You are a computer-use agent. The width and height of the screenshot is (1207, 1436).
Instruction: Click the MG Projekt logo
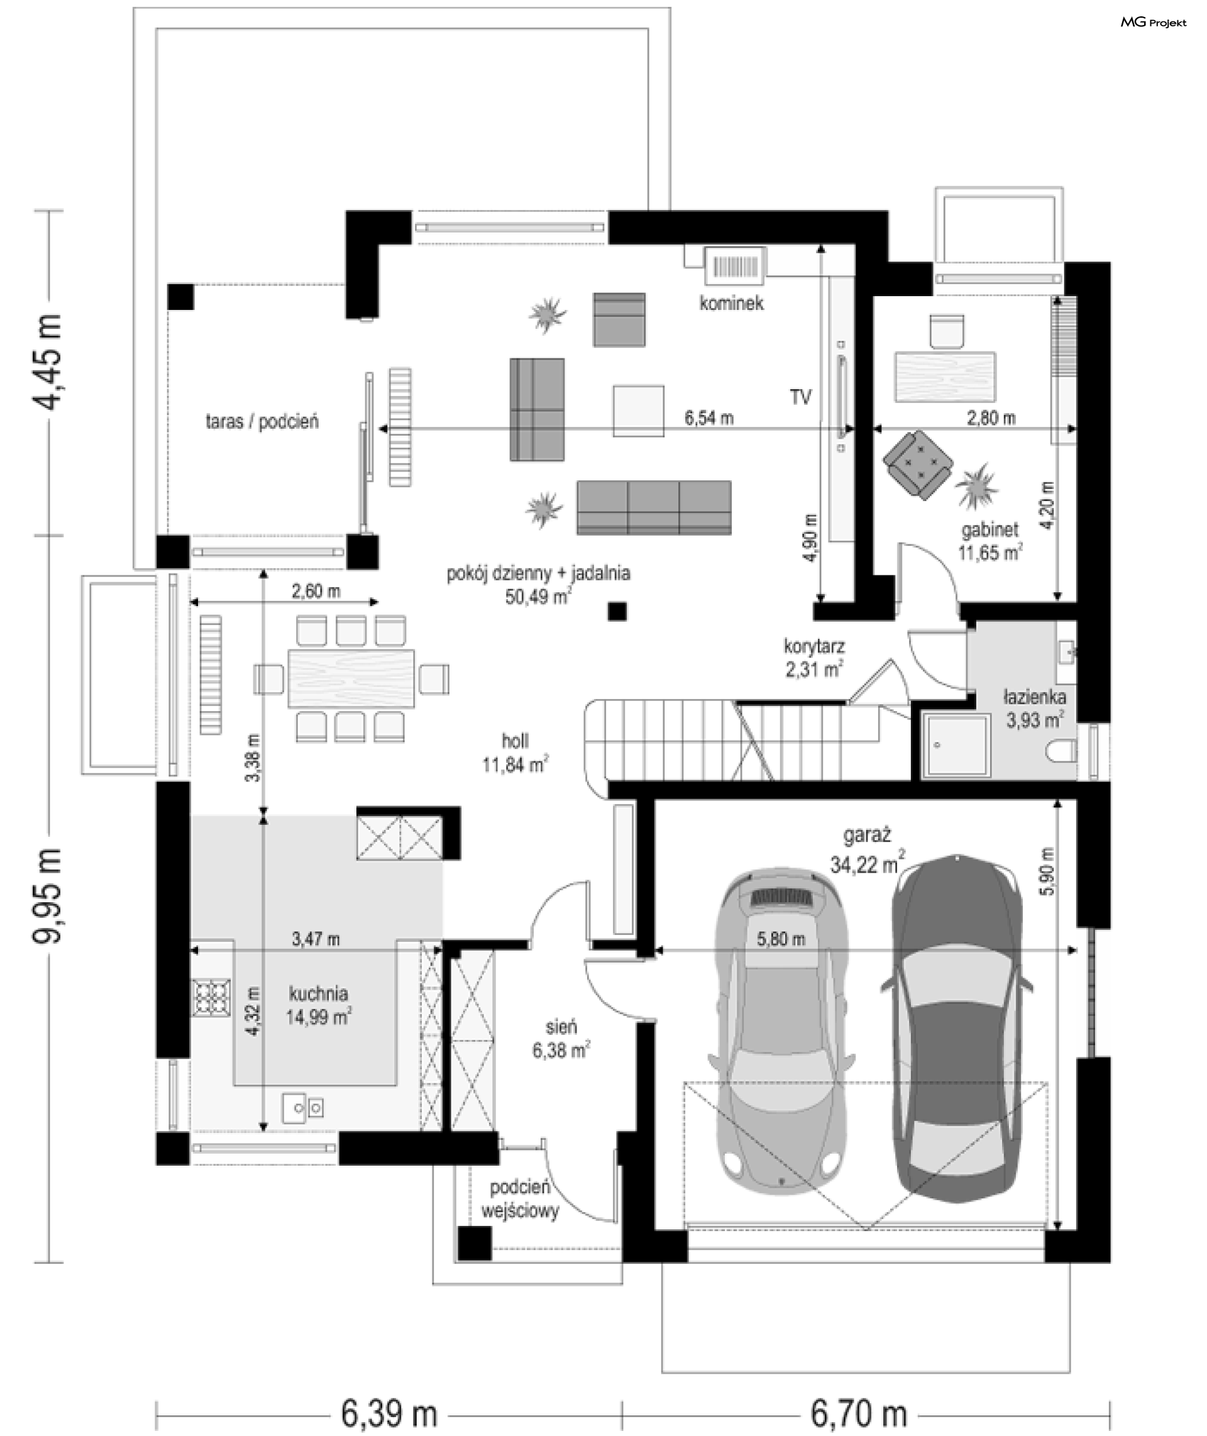pyautogui.click(x=1153, y=23)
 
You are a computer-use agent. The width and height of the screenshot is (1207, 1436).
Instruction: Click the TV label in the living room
pyautogui.click(x=800, y=397)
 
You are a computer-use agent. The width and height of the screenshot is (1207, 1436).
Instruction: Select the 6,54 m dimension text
pyautogui.click(x=709, y=417)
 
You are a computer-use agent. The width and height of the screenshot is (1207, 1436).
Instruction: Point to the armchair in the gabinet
pyautogui.click(x=919, y=465)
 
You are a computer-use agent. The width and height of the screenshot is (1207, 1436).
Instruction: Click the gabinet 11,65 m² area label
pyautogui.click(x=990, y=541)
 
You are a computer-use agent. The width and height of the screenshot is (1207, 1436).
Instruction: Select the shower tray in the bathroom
pyautogui.click(x=956, y=746)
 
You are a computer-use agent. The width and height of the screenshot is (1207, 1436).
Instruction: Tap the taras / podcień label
pyautogui.click(x=262, y=421)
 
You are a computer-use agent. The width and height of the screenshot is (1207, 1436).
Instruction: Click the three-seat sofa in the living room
pyautogui.click(x=654, y=507)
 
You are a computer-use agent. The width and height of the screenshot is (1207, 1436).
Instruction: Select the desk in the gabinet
pyautogui.click(x=945, y=375)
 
